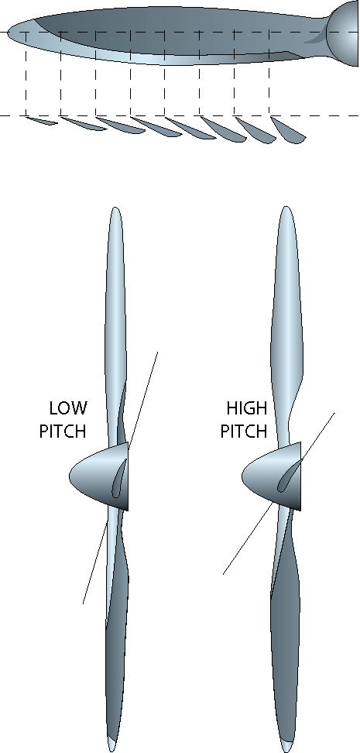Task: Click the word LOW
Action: (68, 408)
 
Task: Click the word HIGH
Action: (247, 408)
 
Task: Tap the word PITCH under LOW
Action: (63, 431)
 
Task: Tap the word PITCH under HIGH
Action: (244, 431)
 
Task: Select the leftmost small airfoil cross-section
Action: (41, 121)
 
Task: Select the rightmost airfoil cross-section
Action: (288, 129)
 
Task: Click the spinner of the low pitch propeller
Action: (99, 476)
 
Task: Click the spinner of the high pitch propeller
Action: (272, 476)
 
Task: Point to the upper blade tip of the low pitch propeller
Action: (115, 208)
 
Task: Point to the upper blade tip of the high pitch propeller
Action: (286, 208)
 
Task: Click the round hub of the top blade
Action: (343, 33)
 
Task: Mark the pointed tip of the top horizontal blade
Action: (9, 33)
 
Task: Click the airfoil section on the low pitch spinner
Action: (118, 478)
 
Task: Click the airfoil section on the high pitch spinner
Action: (290, 476)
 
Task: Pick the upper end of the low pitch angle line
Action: (157, 352)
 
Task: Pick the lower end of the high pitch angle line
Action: (223, 574)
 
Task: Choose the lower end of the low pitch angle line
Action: (83, 603)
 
